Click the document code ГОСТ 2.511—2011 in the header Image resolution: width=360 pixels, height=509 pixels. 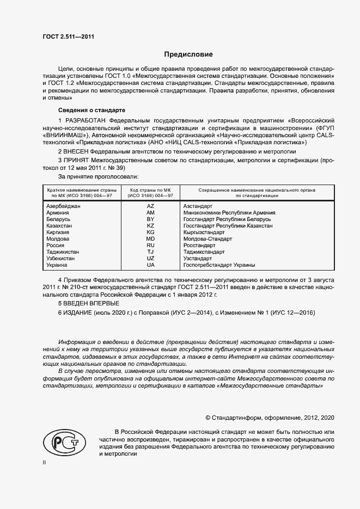(68, 36)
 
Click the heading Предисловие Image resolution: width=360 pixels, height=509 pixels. (188, 54)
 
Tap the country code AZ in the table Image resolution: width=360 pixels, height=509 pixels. (151, 206)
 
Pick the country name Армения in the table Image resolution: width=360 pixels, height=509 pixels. (59, 213)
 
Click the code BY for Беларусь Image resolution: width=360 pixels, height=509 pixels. (151, 219)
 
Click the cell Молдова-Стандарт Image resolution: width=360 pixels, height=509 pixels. (208, 239)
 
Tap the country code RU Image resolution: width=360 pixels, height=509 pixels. (151, 246)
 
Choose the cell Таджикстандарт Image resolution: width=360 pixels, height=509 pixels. (204, 252)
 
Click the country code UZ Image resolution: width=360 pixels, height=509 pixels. (151, 259)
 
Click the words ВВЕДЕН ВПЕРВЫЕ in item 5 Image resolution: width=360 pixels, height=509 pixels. (91, 303)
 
